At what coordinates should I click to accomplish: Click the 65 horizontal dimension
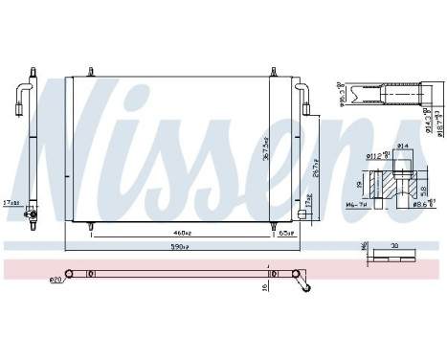[x=284, y=232]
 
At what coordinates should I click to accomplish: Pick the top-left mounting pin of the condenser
[x=91, y=71]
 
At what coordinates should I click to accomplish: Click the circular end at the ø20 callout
[x=69, y=274]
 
